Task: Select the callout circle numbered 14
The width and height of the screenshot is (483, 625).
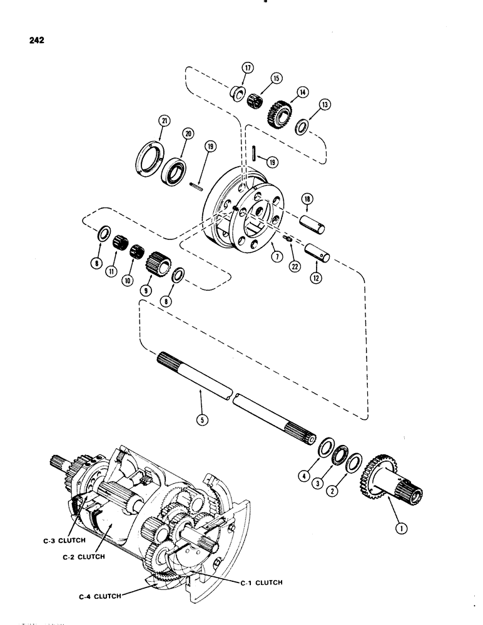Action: tap(303, 92)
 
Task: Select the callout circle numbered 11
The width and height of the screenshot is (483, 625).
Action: tap(115, 272)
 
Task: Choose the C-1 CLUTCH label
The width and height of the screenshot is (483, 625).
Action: tap(260, 582)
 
